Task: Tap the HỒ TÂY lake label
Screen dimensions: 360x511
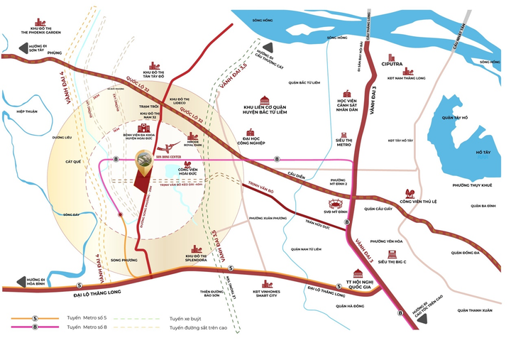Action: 483,153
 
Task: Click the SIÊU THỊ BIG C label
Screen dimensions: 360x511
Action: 396,261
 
